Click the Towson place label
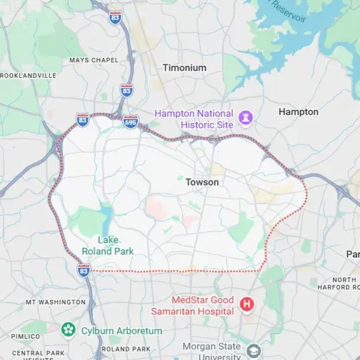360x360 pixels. (202, 182)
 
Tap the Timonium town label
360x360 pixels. (184, 68)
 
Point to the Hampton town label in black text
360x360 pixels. (298, 112)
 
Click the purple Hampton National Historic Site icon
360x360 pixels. (247, 116)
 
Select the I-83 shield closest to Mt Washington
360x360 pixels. (84, 269)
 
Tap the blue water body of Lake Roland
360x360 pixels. (106, 216)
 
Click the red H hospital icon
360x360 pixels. (247, 305)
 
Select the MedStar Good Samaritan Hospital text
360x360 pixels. (192, 305)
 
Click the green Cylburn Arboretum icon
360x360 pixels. (68, 329)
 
